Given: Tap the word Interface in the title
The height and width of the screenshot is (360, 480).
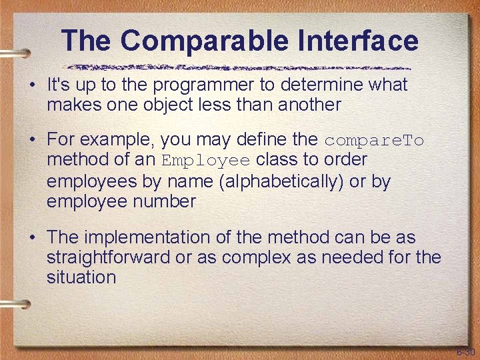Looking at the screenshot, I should pos(354,41).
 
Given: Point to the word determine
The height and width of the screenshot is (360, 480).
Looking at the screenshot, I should pos(315,85).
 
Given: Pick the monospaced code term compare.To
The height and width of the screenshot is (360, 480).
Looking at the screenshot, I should pos(374,141).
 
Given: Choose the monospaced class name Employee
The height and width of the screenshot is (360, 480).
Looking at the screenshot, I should pos(206,161).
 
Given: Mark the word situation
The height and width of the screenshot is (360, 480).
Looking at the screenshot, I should pos(81,277).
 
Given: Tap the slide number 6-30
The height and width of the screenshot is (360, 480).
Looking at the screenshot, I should pos(465,351).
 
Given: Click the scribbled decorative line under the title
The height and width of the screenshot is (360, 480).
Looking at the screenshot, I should pos(240,67).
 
